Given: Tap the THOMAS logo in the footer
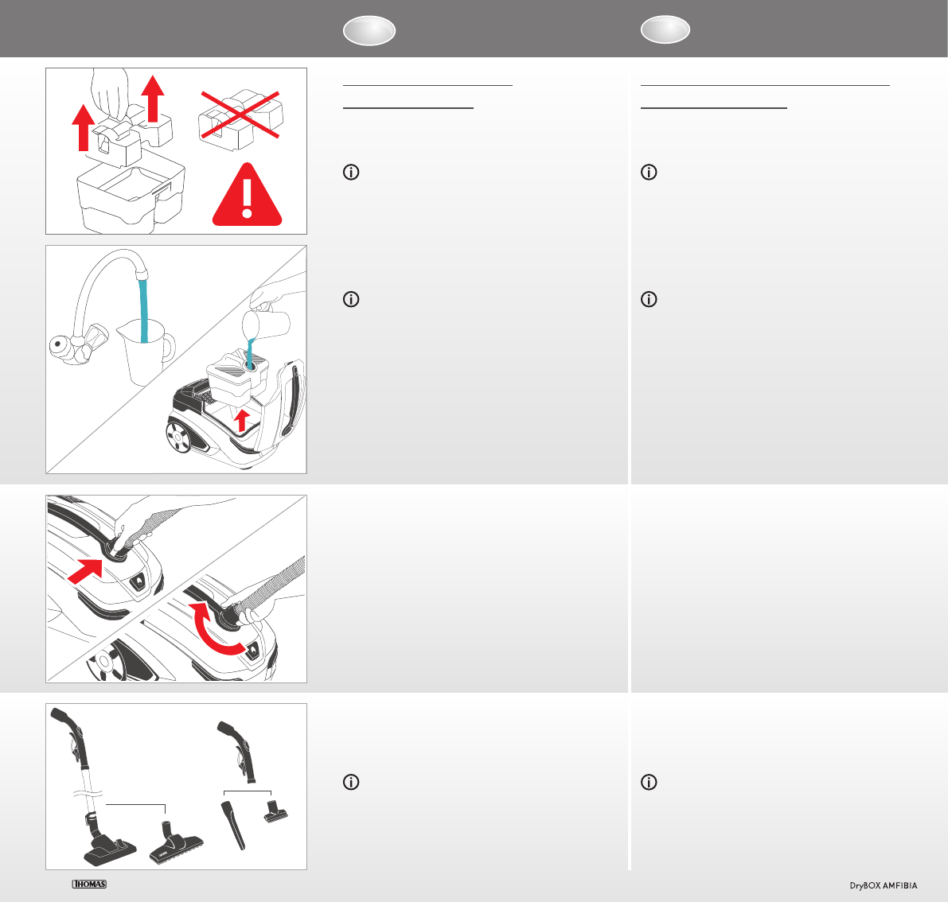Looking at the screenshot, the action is click(89, 884).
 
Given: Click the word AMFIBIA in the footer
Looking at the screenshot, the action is click(900, 885).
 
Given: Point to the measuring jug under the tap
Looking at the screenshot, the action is click(145, 352).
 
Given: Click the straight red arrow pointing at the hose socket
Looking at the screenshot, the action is click(85, 571).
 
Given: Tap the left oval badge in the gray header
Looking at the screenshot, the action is click(369, 30).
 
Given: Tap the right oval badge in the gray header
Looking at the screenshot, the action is click(665, 29).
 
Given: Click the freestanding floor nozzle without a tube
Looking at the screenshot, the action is click(175, 842).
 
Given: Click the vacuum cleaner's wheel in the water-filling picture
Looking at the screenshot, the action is click(179, 437).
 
